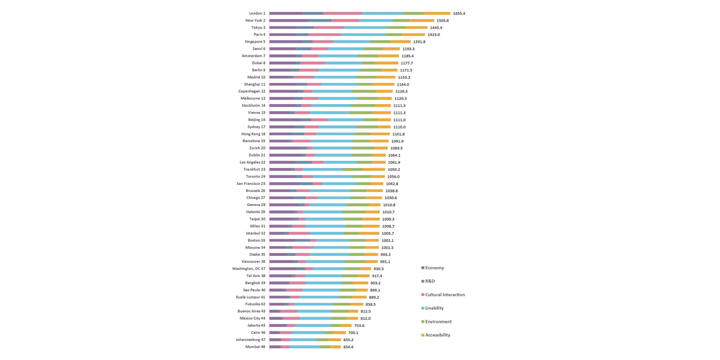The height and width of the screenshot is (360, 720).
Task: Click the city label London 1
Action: pyautogui.click(x=257, y=13)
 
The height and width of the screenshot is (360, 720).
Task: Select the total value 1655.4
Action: pyautogui.click(x=459, y=13)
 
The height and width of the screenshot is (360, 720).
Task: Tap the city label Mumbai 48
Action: pyautogui.click(x=255, y=347)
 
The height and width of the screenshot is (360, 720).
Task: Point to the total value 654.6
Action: pyautogui.click(x=348, y=347)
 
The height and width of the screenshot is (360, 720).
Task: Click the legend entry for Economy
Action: pyautogui.click(x=434, y=268)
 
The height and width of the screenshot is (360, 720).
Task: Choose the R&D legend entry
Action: pyautogui.click(x=430, y=281)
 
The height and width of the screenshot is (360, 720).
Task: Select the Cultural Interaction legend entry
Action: pyautogui.click(x=444, y=295)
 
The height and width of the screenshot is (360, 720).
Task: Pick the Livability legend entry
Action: pyautogui.click(x=435, y=308)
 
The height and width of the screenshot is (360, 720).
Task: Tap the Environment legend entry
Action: pyautogui.click(x=438, y=321)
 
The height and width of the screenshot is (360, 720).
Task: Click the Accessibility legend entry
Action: pyautogui.click(x=437, y=335)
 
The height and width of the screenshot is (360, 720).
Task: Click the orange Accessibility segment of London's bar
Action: pyautogui.click(x=437, y=13)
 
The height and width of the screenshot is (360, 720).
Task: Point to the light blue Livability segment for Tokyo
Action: pyautogui.click(x=365, y=27)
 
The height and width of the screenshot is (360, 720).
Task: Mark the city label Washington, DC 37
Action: pyautogui.click(x=249, y=269)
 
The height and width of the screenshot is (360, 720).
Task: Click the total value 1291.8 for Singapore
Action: pyautogui.click(x=419, y=41)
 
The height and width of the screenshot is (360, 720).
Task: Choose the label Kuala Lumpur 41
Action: pyautogui.click(x=250, y=297)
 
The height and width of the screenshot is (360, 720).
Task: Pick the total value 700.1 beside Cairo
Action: pyautogui.click(x=353, y=333)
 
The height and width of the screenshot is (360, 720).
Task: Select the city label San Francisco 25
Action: pyautogui.click(x=251, y=184)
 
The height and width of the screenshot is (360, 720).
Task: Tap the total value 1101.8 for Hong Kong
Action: pyautogui.click(x=398, y=134)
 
